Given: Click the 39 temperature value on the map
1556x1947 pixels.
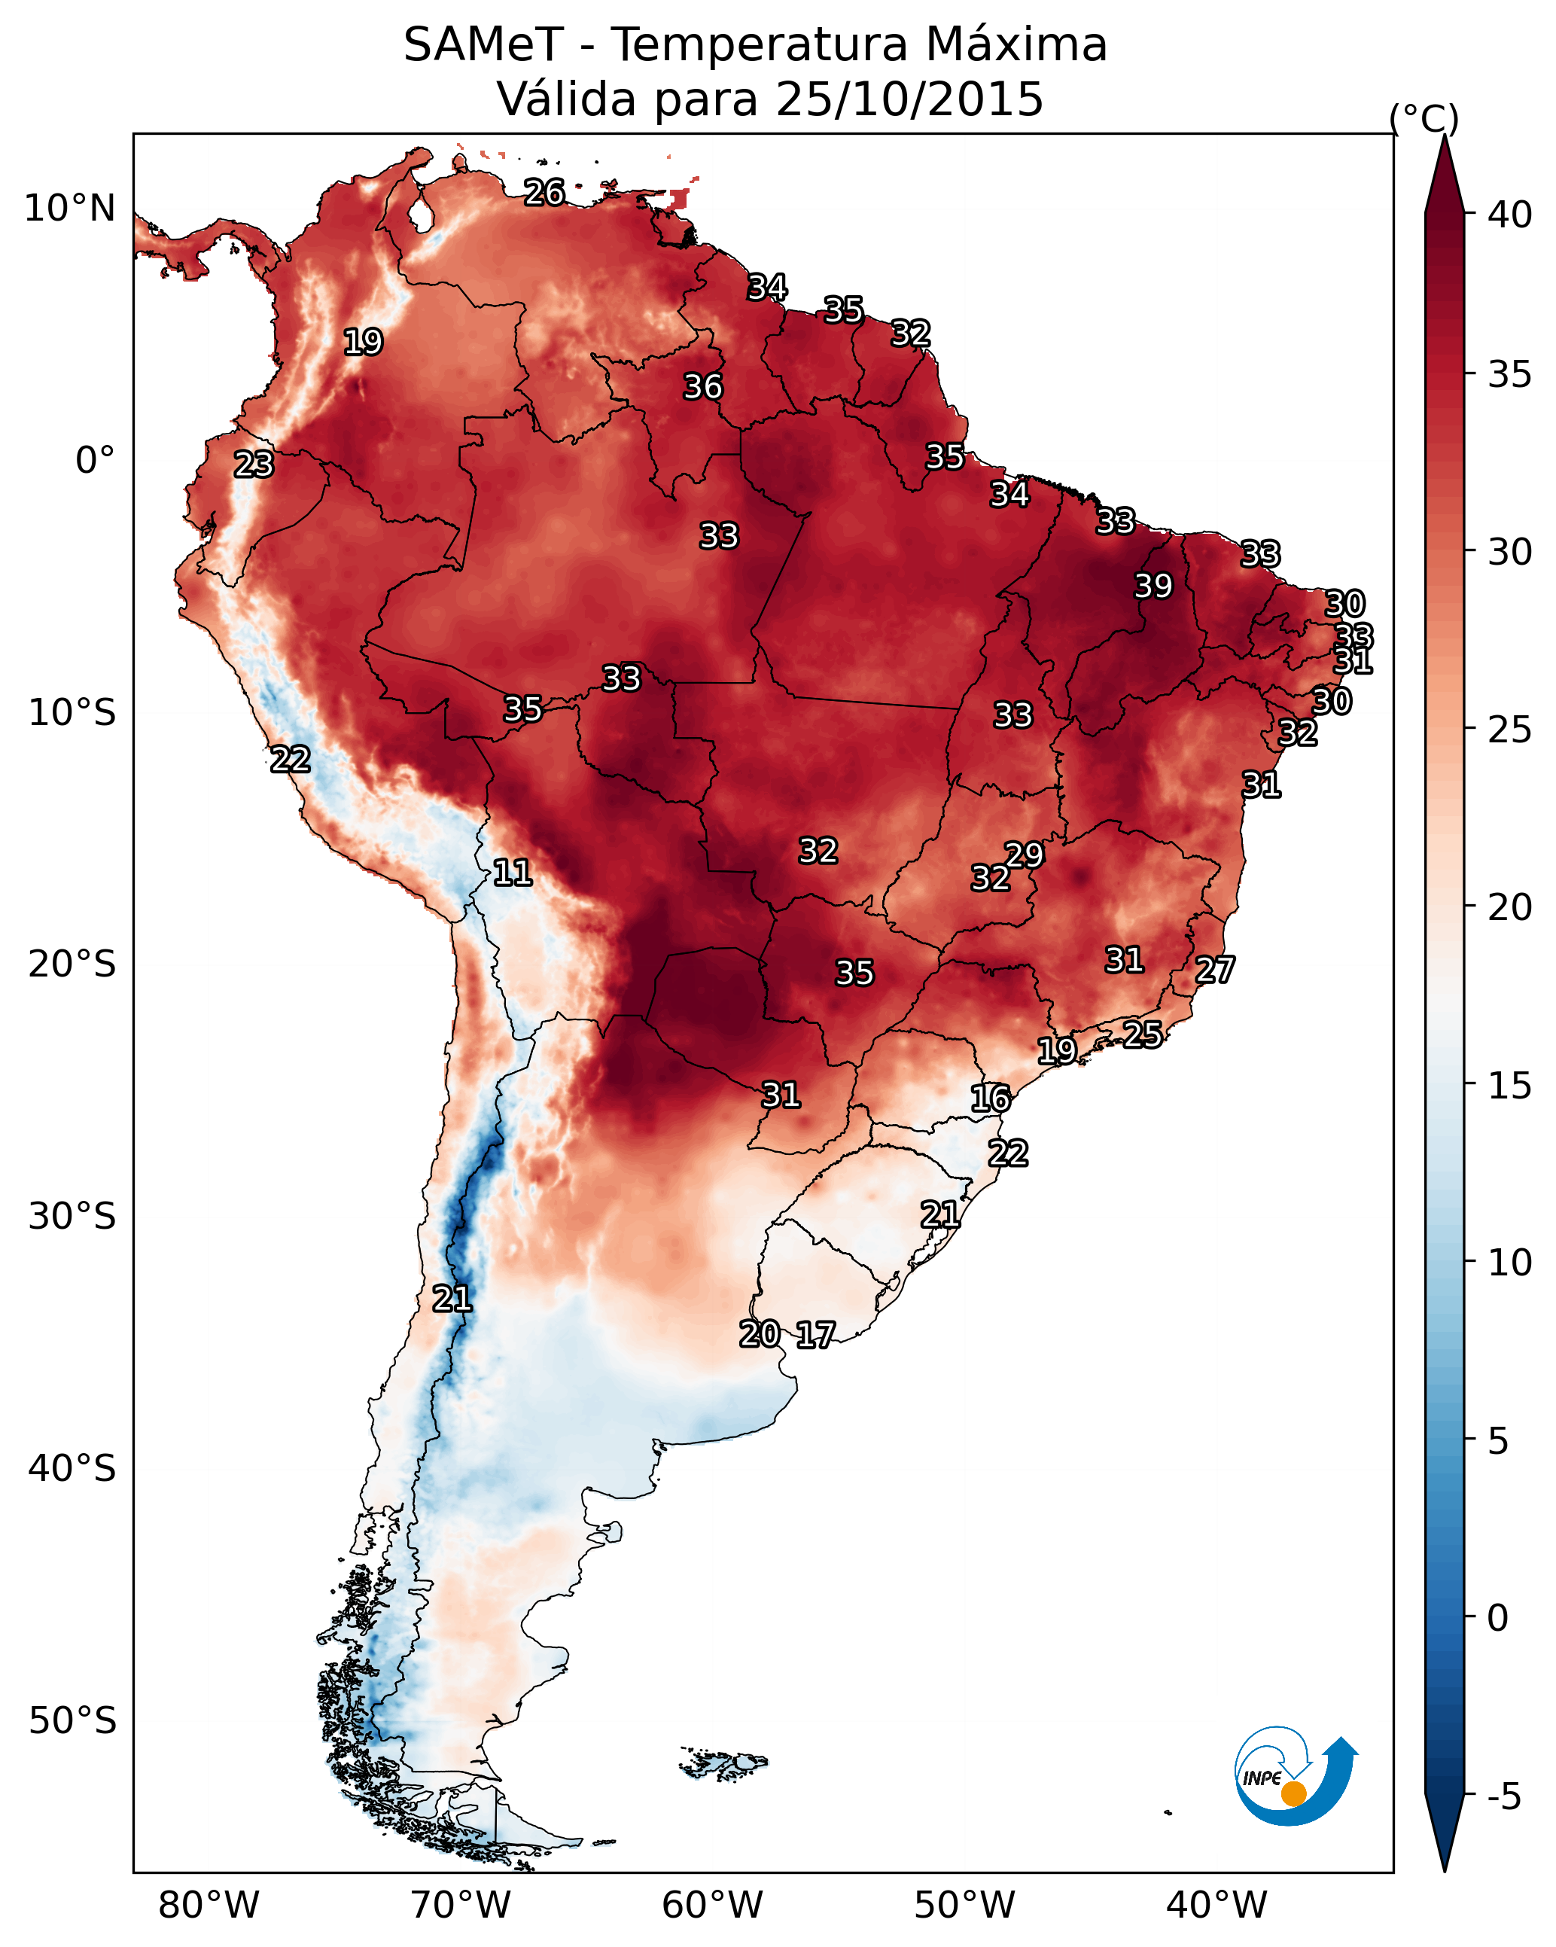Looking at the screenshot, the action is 1153,586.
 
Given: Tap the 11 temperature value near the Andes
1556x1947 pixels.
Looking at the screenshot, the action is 512,873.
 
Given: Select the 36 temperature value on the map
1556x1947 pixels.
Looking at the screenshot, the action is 702,386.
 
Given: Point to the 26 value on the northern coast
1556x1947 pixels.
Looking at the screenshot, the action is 544,192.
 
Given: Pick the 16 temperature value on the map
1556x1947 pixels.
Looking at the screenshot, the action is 991,1098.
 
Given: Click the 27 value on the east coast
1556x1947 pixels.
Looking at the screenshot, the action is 1215,970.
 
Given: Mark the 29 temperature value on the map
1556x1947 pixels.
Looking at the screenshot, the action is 1024,855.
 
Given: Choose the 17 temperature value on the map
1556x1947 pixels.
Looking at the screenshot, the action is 815,1335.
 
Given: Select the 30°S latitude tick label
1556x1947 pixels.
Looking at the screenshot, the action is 72,1217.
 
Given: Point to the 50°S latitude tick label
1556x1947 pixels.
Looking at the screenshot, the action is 72,1720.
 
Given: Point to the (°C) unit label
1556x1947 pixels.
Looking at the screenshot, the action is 1424,118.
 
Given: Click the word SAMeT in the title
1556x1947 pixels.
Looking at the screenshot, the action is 483,44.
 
